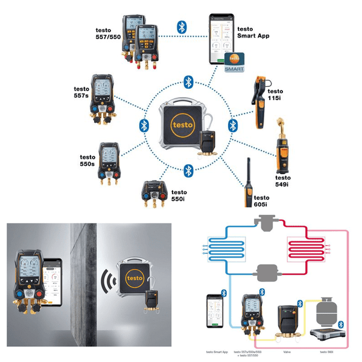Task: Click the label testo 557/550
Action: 107,34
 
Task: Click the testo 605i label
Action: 261,202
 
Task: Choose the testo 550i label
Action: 181,194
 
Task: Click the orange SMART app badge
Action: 234,62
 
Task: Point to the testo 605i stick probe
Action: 247,184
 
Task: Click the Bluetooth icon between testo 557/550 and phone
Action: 180,26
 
